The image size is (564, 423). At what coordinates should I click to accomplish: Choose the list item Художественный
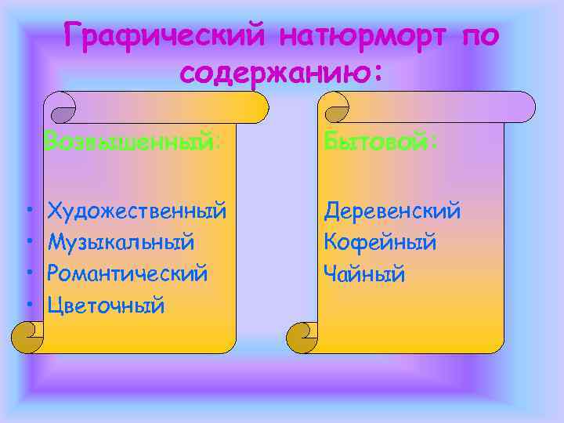[137, 211]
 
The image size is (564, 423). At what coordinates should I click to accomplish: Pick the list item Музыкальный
[121, 242]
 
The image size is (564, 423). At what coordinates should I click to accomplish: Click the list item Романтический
[128, 273]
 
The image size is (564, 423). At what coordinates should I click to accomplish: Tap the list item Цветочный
[106, 305]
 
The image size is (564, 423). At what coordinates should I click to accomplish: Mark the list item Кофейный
[381, 242]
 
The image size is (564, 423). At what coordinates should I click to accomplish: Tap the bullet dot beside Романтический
[28, 274]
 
